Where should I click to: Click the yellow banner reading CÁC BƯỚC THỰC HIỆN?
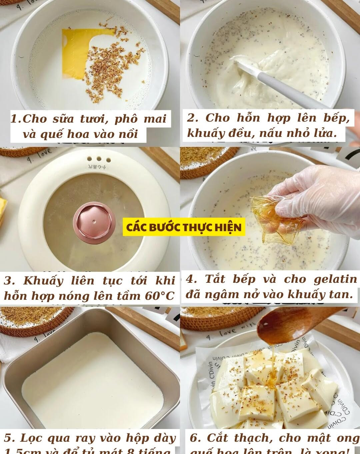(x=184, y=227)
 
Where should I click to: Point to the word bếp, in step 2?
(x=337, y=118)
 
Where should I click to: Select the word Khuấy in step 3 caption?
(x=43, y=281)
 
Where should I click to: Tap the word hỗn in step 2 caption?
(x=248, y=118)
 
